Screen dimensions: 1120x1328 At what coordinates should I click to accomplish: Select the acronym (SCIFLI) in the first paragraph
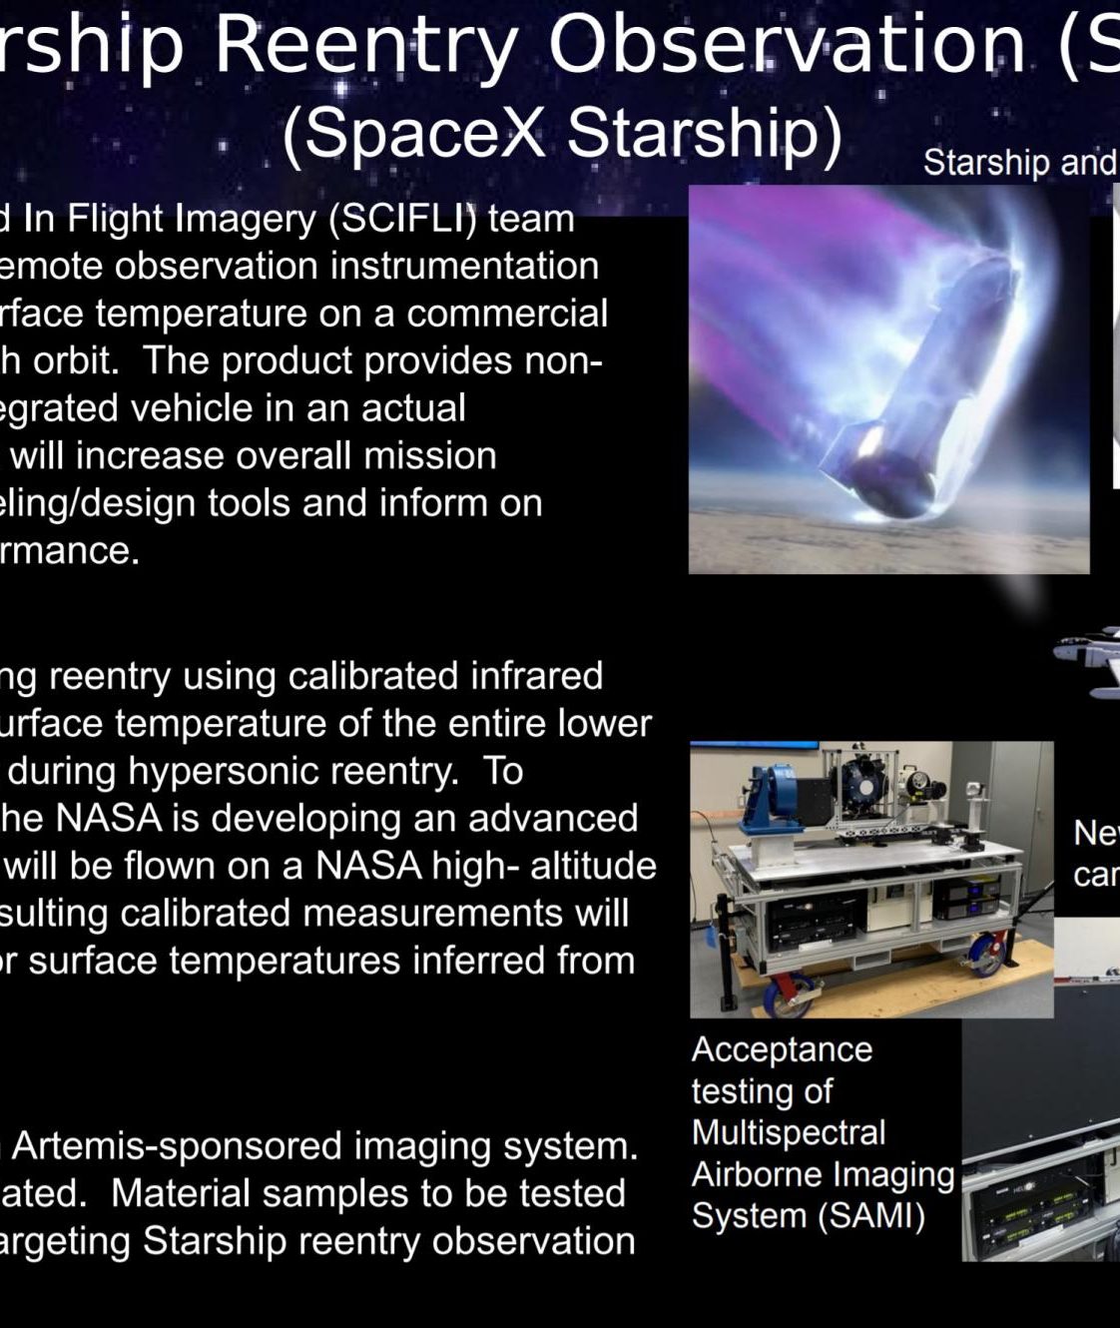click(402, 219)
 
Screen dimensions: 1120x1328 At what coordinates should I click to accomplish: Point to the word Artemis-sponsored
click(178, 1146)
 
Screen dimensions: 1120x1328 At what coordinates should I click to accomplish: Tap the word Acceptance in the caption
click(782, 1050)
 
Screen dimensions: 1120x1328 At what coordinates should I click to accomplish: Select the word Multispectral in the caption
click(788, 1132)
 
